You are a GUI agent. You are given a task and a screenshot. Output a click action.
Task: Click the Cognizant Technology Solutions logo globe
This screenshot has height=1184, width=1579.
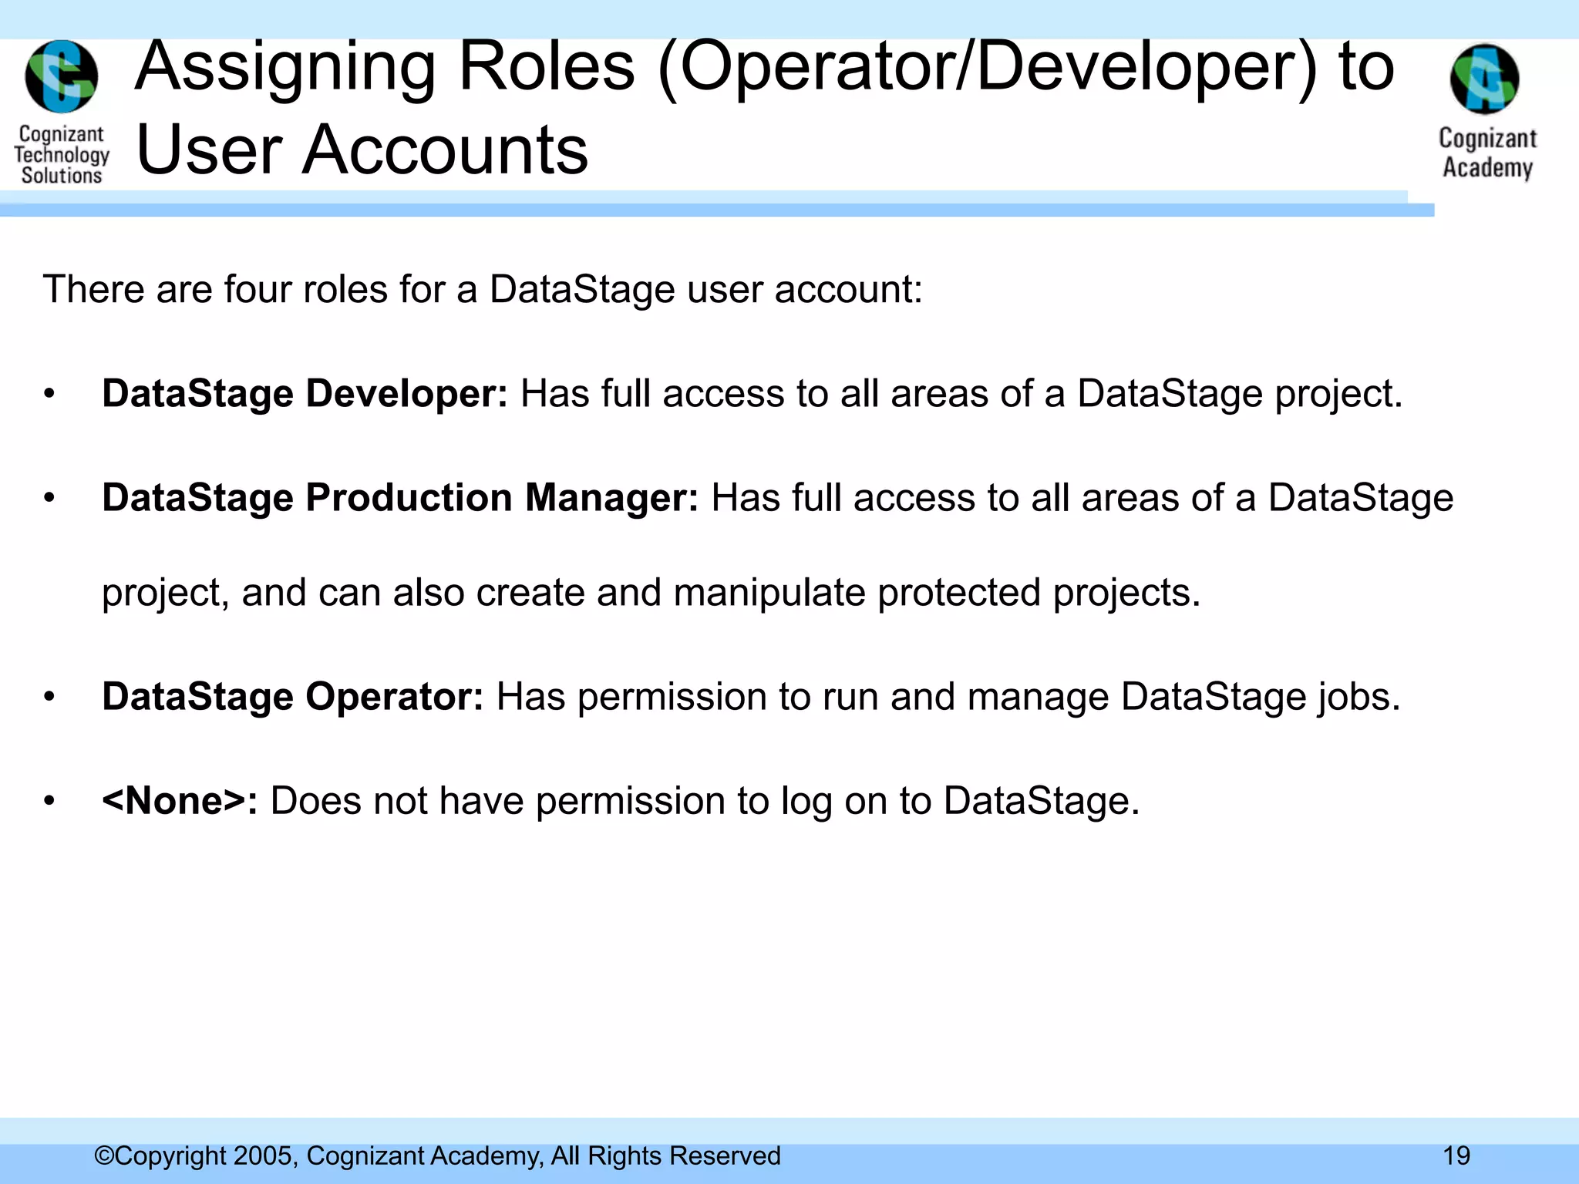pos(62,76)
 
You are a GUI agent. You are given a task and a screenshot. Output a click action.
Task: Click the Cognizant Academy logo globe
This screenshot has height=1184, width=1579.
pos(1484,79)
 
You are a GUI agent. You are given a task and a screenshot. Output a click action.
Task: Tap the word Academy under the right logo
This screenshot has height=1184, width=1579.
pos(1487,167)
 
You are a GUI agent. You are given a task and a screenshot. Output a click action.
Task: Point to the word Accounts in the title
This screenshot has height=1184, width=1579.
pos(445,150)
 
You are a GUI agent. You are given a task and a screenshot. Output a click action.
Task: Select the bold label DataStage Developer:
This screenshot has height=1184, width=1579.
pos(305,394)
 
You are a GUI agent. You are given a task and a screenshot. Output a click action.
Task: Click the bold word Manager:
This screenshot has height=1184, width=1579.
pos(611,498)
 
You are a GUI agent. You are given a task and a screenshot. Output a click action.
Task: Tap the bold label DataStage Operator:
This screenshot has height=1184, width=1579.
pos(292,697)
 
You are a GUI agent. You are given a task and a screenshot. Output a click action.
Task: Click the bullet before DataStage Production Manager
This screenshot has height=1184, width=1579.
pos(49,498)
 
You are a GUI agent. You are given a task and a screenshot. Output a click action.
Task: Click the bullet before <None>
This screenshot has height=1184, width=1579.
pos(49,801)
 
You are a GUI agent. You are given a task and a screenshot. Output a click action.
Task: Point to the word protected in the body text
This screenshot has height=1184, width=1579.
pos(958,594)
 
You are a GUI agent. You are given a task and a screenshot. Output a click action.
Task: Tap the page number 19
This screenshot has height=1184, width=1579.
pos(1456,1156)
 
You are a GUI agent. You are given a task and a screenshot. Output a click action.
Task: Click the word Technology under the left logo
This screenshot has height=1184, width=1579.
pos(62,155)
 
